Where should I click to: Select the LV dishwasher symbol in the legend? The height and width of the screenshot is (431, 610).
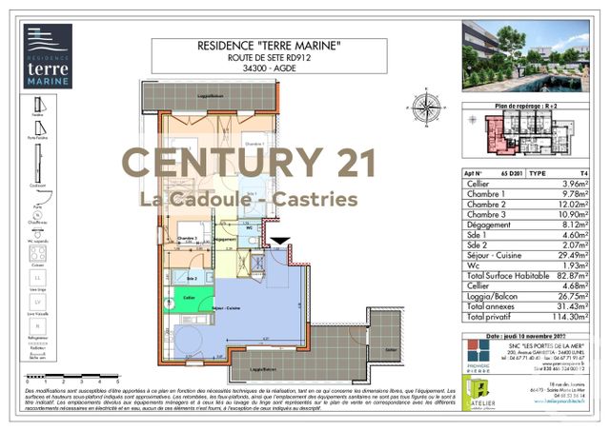[x=38, y=303]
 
